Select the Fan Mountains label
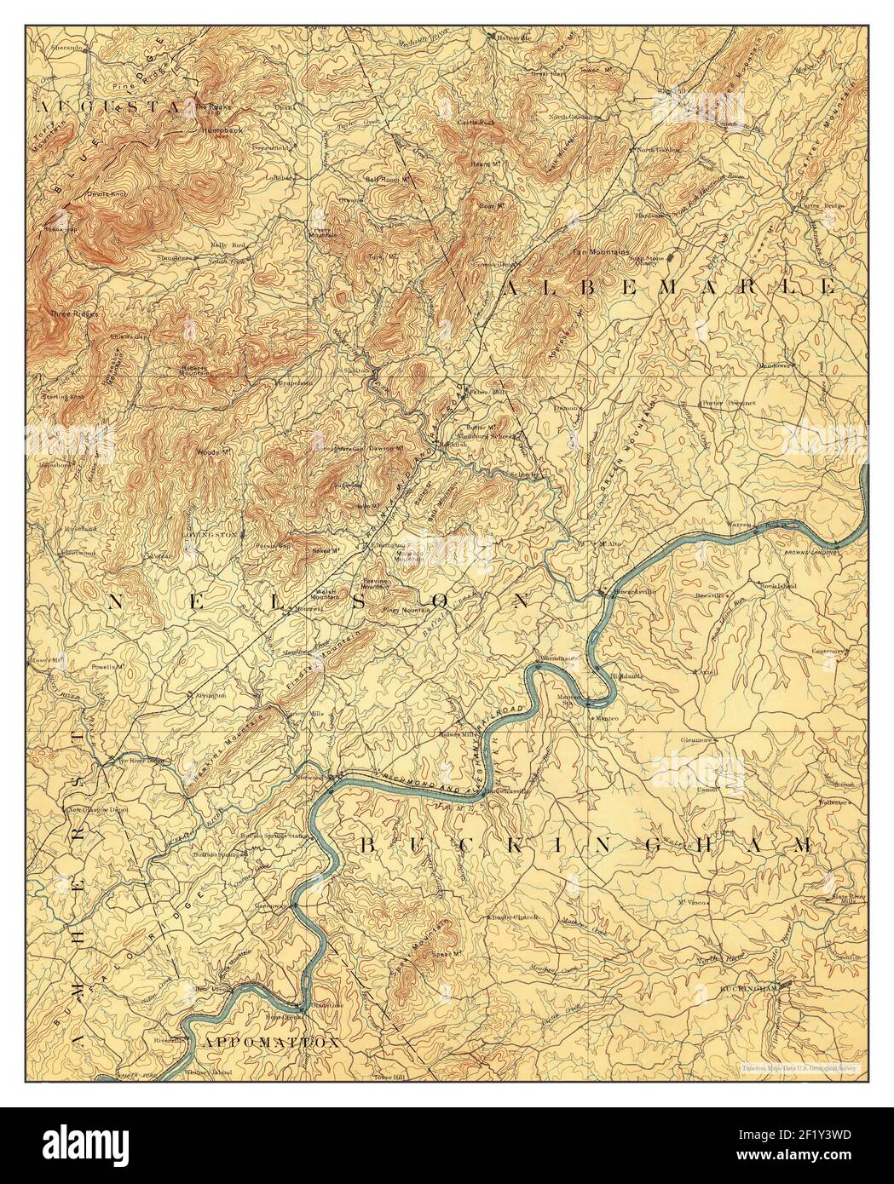point(600,251)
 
